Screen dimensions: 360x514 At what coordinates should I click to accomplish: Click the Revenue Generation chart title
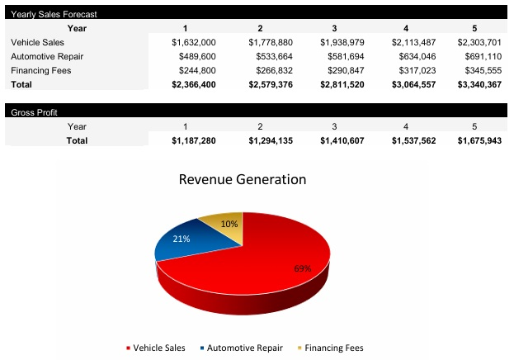243,179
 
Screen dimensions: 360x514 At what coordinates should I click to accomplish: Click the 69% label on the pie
303,268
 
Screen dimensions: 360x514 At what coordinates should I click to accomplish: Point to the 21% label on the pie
182,239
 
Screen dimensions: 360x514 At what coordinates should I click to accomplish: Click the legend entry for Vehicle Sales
156,348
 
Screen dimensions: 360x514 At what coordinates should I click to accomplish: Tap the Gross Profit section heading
34,112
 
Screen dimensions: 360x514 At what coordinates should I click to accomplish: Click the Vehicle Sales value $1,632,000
193,42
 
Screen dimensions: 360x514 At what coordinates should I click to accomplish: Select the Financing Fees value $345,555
479,70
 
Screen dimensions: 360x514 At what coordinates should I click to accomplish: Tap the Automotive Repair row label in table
47,56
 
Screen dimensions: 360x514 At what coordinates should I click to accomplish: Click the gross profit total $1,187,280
193,141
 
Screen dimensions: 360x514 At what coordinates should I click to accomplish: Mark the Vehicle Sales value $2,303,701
479,42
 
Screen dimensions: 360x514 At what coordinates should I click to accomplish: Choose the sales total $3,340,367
479,84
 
